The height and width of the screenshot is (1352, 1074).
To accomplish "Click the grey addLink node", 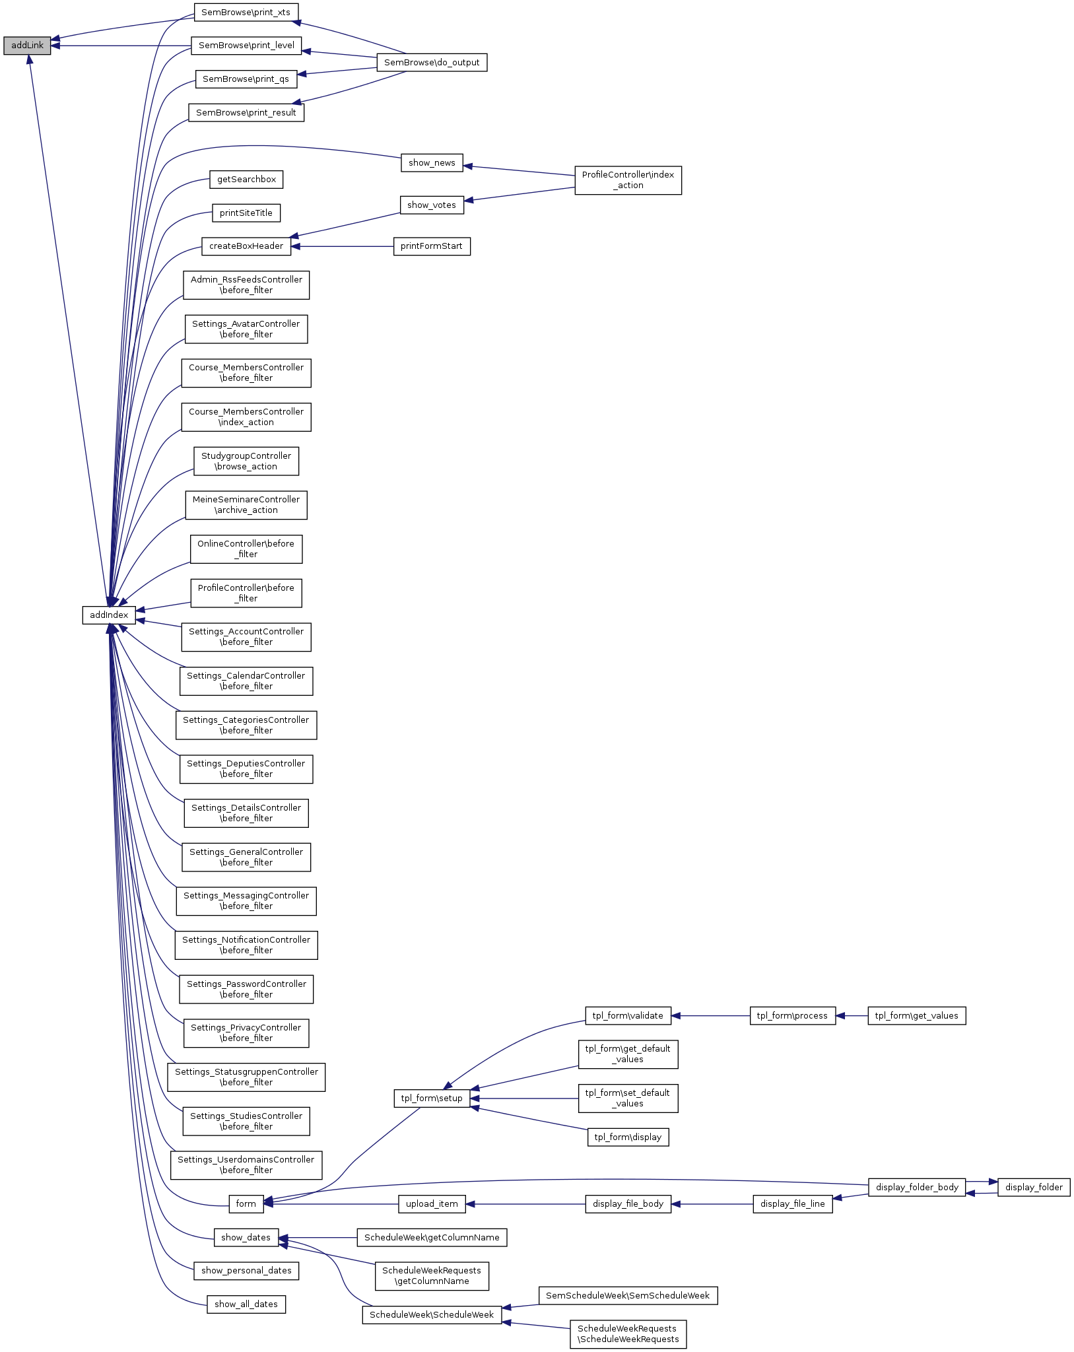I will [x=27, y=46].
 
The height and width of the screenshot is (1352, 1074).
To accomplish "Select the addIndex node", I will [x=109, y=615].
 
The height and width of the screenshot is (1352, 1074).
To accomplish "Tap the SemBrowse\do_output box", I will [x=432, y=63].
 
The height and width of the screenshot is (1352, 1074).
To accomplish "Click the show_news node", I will [x=432, y=163].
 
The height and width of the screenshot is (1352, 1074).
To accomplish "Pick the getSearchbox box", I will [x=246, y=180].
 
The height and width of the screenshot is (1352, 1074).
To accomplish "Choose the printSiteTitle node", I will [x=246, y=213].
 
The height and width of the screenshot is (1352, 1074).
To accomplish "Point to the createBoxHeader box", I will [x=246, y=246].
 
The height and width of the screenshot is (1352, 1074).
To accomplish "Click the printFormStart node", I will [x=432, y=246].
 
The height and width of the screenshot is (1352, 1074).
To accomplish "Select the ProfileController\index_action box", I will [x=628, y=180].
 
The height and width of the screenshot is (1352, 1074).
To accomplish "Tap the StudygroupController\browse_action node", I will [x=246, y=461].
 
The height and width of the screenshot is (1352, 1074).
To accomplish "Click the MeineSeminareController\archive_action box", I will [x=246, y=505].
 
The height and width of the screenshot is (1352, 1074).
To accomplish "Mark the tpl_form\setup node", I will [x=432, y=1098].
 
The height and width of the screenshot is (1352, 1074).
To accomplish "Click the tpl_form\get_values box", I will [x=916, y=1015].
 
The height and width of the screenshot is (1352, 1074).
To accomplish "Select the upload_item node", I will [x=432, y=1203].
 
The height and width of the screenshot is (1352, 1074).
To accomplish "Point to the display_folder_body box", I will [x=917, y=1187].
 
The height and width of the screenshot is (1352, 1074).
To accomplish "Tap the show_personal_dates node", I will [x=246, y=1270].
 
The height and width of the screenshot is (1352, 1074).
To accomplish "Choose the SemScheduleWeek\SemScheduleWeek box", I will [x=628, y=1295].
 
